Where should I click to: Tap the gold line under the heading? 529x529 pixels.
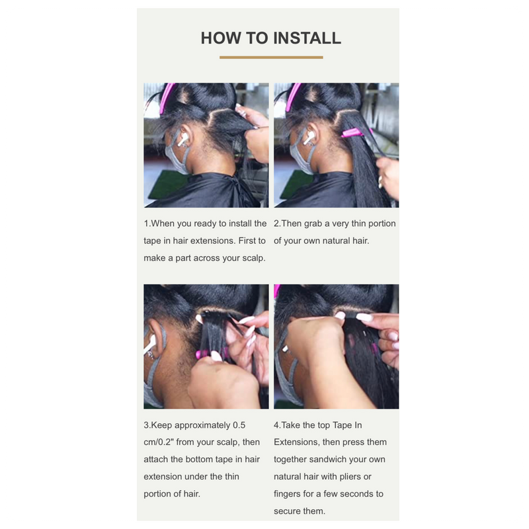click(x=271, y=58)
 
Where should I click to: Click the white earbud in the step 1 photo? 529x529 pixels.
click(x=183, y=139)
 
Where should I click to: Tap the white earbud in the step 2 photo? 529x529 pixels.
click(x=309, y=138)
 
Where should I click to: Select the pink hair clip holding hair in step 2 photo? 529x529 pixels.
click(x=354, y=133)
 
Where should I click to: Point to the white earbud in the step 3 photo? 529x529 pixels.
click(x=149, y=344)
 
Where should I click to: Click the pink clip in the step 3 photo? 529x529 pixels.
click(x=202, y=354)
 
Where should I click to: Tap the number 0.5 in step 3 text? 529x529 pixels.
click(x=239, y=425)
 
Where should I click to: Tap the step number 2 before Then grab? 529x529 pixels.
click(x=276, y=224)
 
